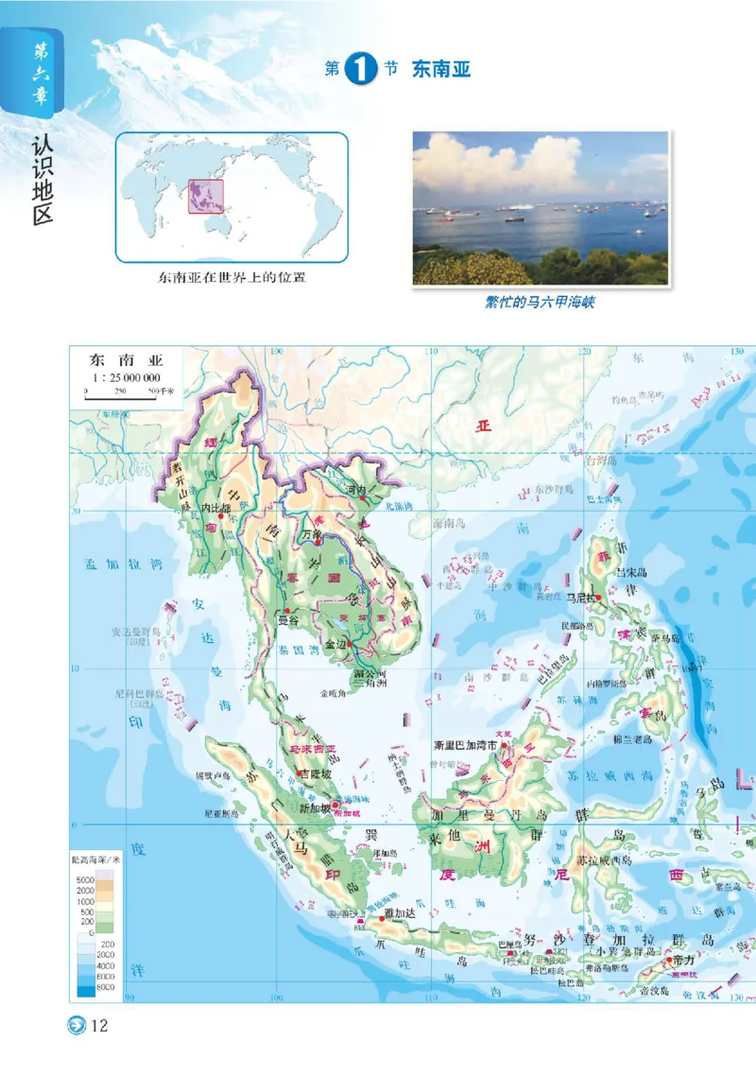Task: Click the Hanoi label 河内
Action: (x=355, y=490)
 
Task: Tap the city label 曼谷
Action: (x=286, y=621)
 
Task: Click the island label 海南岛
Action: (x=451, y=523)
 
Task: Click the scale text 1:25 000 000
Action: (x=124, y=376)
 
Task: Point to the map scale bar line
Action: (x=120, y=398)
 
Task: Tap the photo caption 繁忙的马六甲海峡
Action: (x=540, y=303)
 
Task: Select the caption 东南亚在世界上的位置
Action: (x=232, y=277)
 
